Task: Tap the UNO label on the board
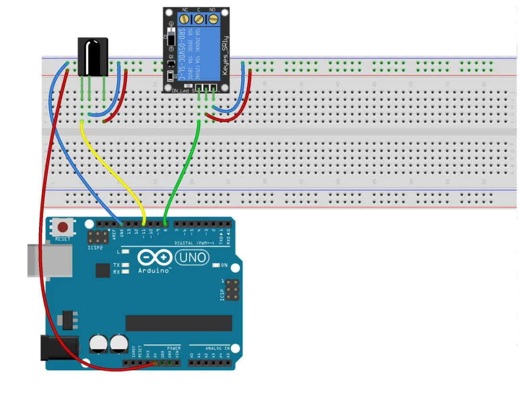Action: (192, 258)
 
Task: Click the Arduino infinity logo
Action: (155, 258)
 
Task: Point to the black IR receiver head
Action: (93, 56)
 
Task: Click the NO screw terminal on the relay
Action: (212, 19)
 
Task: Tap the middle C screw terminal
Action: (199, 19)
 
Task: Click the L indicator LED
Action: (126, 252)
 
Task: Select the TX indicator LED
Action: (126, 265)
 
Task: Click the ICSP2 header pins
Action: (98, 236)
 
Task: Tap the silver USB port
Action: (48, 260)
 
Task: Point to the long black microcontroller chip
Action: (179, 323)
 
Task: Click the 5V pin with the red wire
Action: (155, 363)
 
